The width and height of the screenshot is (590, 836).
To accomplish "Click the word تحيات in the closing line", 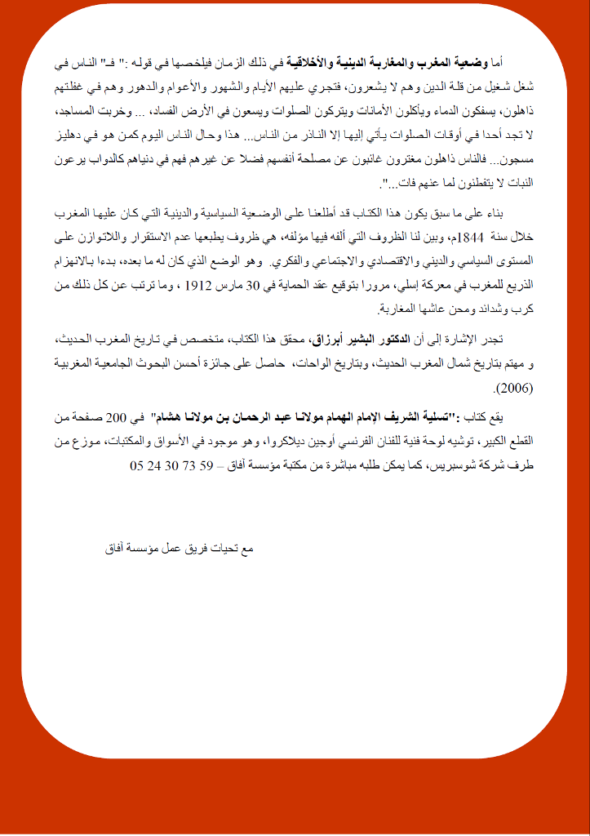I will (x=220, y=549).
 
